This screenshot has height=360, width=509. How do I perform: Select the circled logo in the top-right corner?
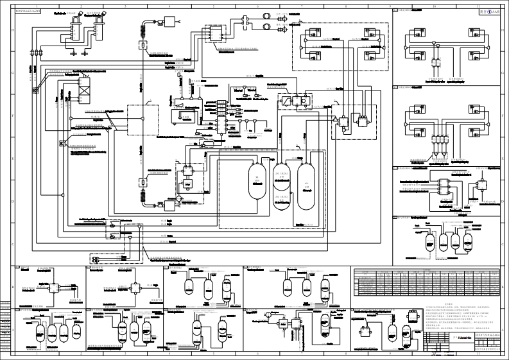pyautogui.click(x=492, y=12)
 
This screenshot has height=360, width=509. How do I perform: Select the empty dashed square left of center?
pyautogui.click(x=142, y=120)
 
